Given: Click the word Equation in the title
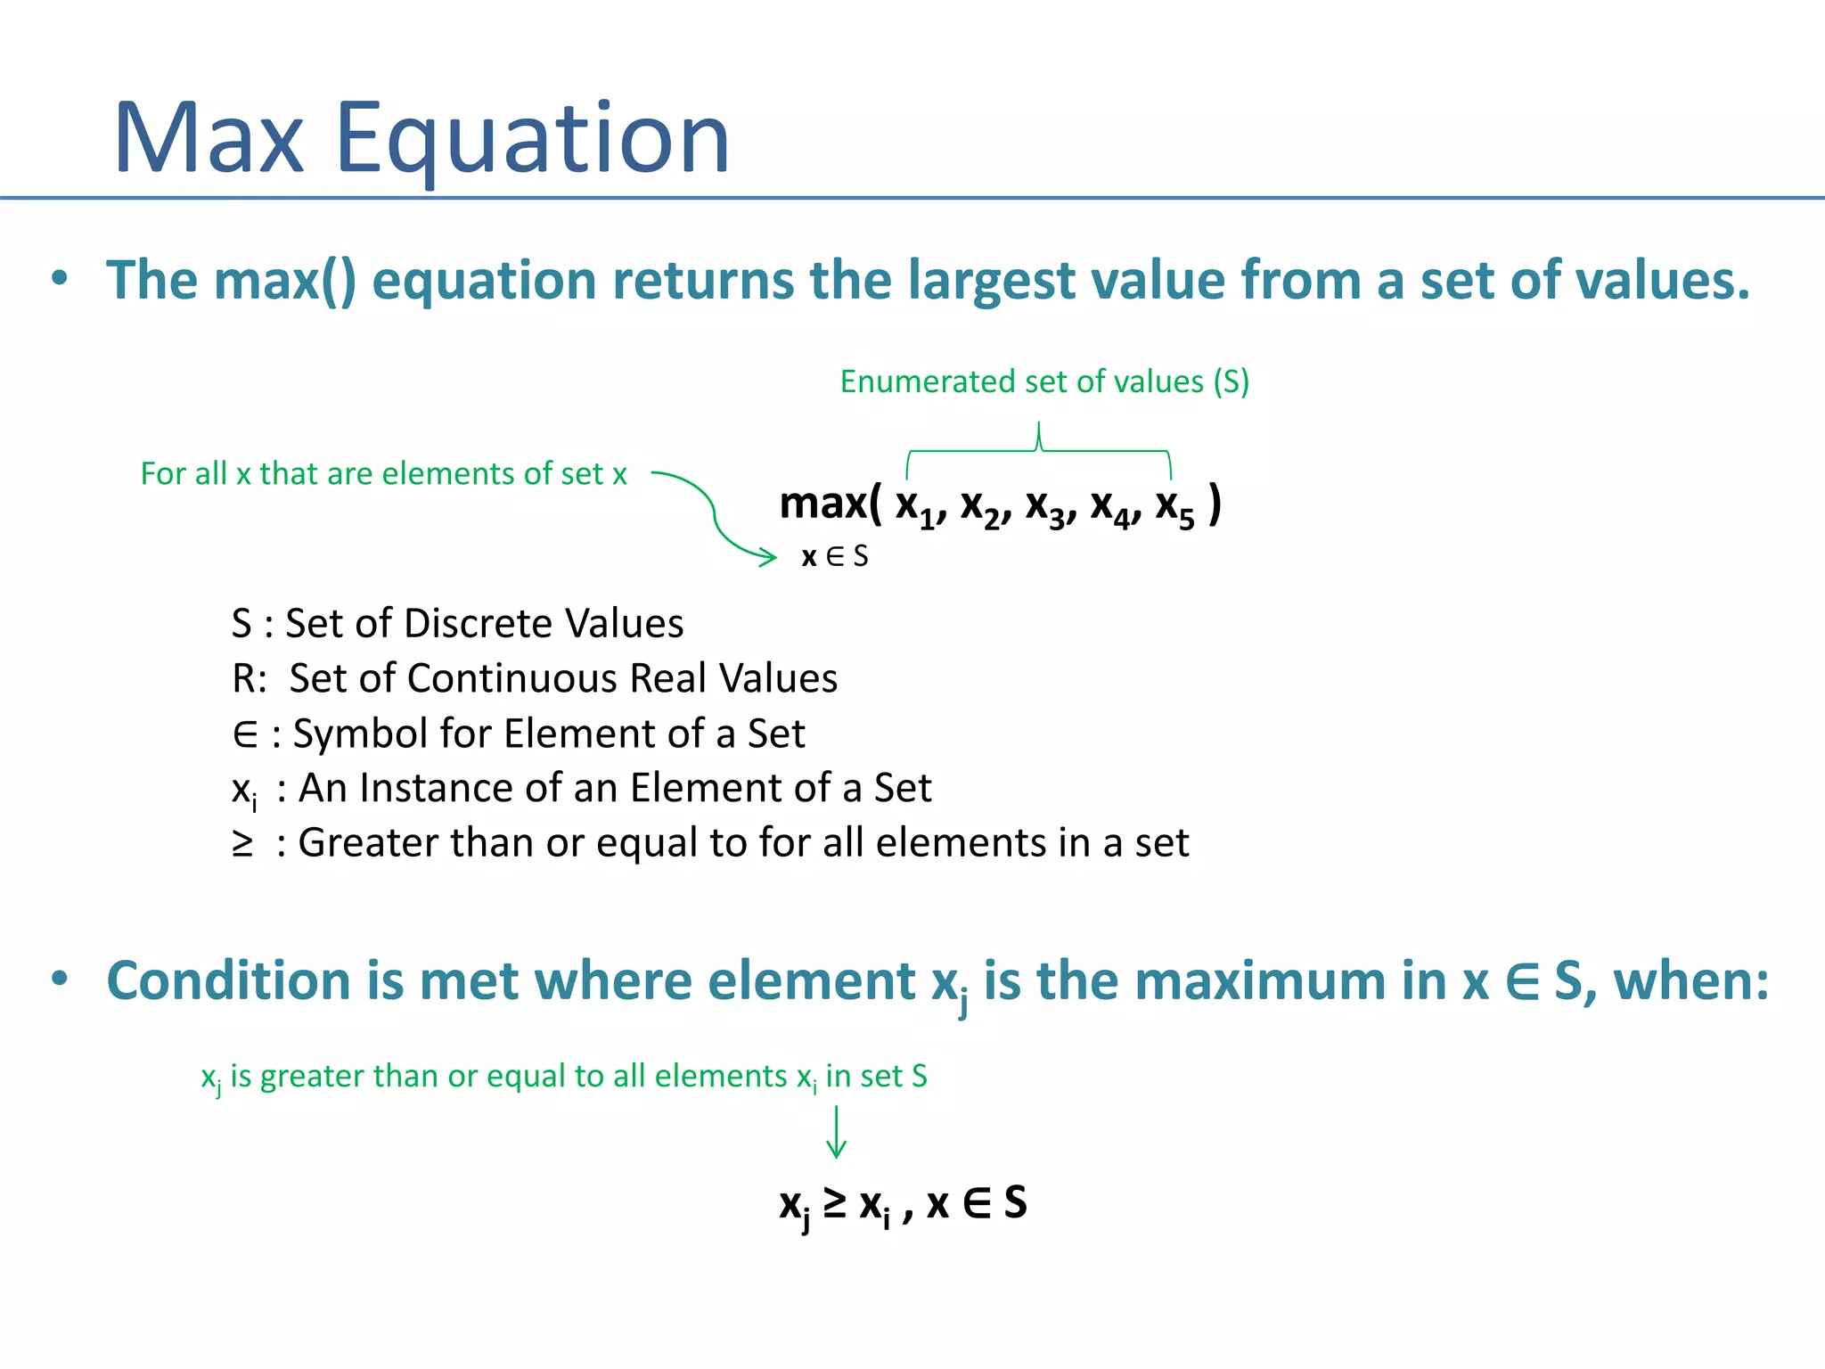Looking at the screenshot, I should point(532,140).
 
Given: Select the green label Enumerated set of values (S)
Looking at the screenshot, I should point(1044,381).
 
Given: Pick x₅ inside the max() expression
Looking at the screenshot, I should point(1174,506).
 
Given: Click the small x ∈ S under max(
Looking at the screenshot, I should point(834,557).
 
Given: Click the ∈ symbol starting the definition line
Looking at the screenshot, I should point(244,734).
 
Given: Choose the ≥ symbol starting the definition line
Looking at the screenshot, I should point(242,843).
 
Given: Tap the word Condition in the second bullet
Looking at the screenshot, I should point(228,981).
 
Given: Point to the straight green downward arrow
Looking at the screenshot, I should point(836,1132).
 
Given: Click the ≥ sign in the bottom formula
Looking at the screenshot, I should point(835,1202).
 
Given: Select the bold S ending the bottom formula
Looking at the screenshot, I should point(1015,1202).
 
